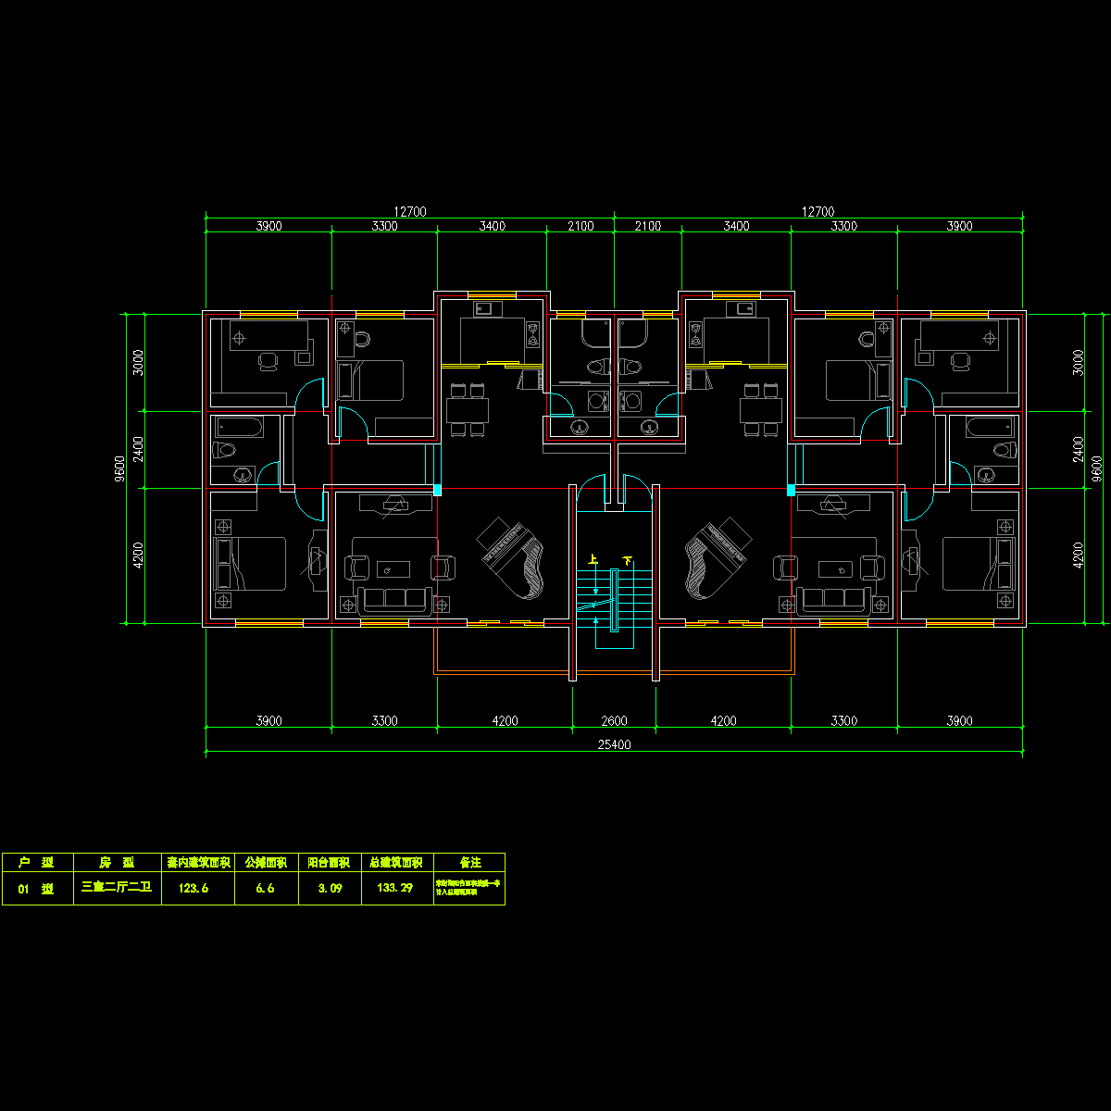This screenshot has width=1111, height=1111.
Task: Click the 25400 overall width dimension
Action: click(x=615, y=744)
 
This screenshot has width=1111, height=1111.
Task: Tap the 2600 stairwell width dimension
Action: click(x=615, y=721)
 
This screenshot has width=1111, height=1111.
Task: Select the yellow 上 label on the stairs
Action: click(x=593, y=560)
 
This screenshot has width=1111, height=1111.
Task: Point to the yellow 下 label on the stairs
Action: click(x=628, y=560)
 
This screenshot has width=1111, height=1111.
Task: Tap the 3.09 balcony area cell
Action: click(x=330, y=888)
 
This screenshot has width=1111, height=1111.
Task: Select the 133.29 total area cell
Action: click(x=395, y=888)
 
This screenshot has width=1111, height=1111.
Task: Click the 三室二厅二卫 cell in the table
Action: click(x=117, y=888)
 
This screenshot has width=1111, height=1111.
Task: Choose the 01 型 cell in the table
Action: click(x=36, y=888)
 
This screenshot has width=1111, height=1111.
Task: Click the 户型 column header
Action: click(x=36, y=863)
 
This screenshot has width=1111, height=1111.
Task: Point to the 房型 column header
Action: click(x=117, y=863)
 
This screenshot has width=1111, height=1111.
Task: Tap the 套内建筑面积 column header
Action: click(x=197, y=863)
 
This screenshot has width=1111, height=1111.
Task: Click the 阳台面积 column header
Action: click(x=329, y=863)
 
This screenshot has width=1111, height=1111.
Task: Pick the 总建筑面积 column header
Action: click(x=396, y=863)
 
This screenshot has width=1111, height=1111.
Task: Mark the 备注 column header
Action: click(x=469, y=863)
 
